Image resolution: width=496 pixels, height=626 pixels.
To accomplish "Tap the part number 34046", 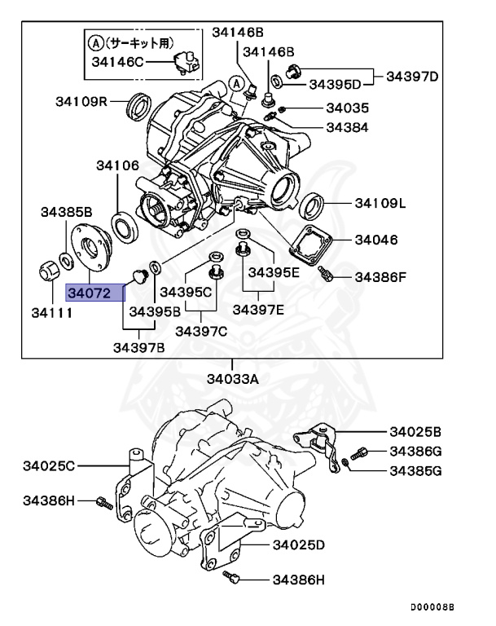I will pyautogui.click(x=375, y=240).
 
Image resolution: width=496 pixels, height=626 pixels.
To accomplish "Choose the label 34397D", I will pyautogui.click(x=412, y=77).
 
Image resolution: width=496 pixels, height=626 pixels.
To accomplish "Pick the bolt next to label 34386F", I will pyautogui.click(x=326, y=275).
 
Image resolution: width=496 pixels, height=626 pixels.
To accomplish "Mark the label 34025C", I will pyautogui.click(x=50, y=465).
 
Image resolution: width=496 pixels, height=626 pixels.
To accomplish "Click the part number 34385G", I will pyautogui.click(x=415, y=470).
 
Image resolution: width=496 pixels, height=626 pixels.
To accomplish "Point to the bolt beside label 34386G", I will pyautogui.click(x=360, y=452).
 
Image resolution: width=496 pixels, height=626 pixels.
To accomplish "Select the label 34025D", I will pyautogui.click(x=299, y=544).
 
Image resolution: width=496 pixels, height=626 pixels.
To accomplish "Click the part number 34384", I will pyautogui.click(x=347, y=127).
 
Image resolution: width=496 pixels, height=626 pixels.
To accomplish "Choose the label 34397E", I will pyautogui.click(x=258, y=309).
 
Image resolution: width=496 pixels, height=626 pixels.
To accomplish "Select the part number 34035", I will pyautogui.click(x=347, y=108).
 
